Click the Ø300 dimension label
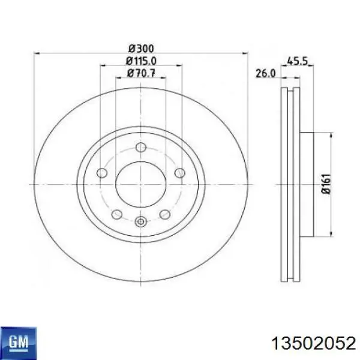coord(141,49)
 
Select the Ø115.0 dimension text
coord(141,61)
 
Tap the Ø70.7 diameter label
coord(141,73)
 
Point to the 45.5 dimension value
coord(297,61)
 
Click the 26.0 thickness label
coord(265,74)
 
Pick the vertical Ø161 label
coord(326,184)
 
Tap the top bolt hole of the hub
coord(141,147)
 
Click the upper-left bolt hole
coord(102,173)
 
